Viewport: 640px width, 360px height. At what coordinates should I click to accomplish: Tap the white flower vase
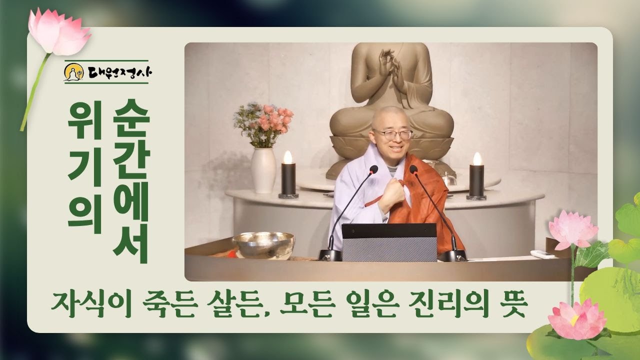263,170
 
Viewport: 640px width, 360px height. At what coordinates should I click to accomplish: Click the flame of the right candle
477,158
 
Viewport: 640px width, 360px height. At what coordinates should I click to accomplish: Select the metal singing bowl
263,245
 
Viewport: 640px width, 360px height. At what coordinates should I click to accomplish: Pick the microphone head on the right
413,169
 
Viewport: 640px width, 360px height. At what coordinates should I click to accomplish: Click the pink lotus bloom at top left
57,32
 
